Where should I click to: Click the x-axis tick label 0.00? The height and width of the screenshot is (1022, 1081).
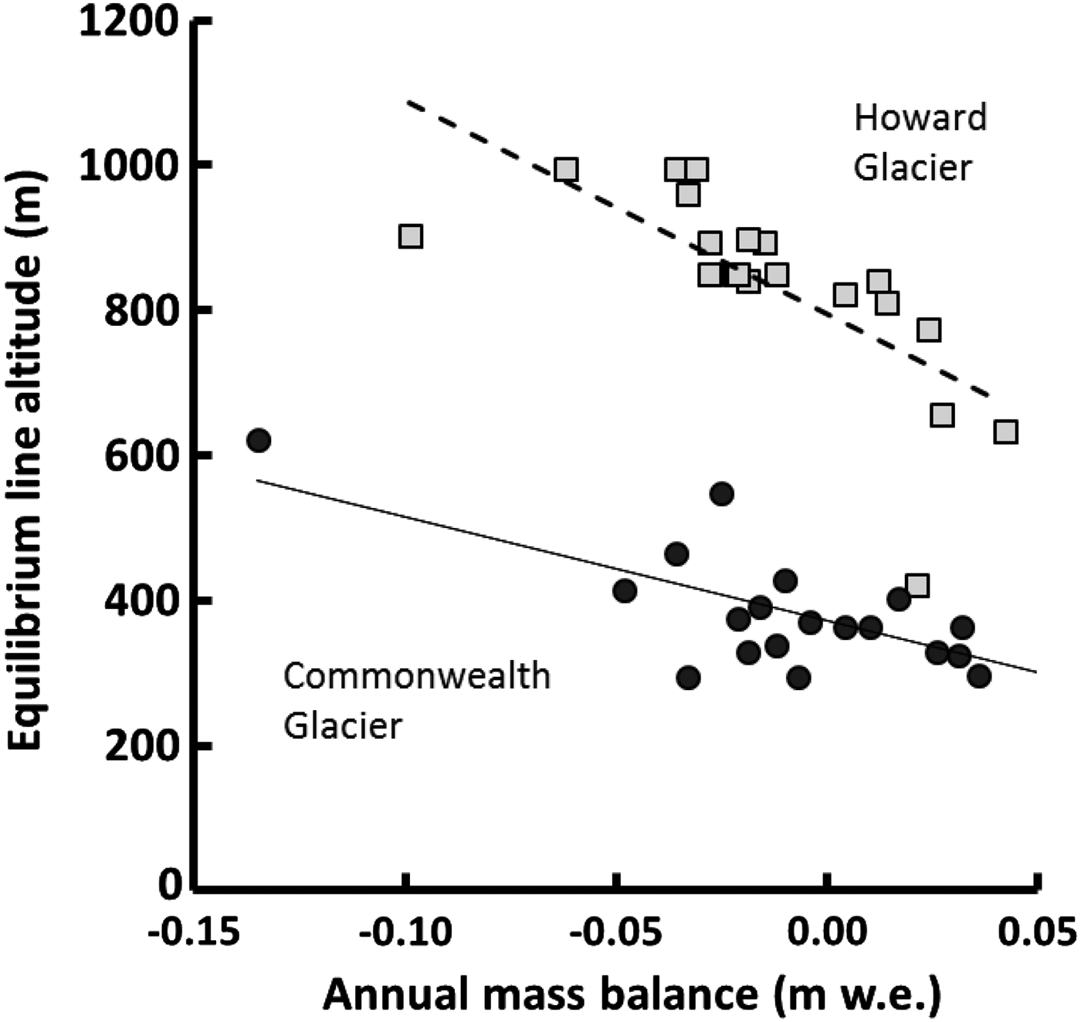pyautogui.click(x=825, y=932)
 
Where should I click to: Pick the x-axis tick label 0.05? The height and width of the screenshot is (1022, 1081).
pyautogui.click(x=1035, y=932)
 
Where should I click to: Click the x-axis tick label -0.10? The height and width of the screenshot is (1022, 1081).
pyautogui.click(x=403, y=932)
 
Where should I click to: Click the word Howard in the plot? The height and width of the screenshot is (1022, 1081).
pyautogui.click(x=920, y=118)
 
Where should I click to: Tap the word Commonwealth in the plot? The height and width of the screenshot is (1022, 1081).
pyautogui.click(x=417, y=676)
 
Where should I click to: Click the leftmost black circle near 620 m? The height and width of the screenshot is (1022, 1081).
pyautogui.click(x=259, y=440)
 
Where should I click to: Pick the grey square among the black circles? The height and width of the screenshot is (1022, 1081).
pyautogui.click(x=917, y=585)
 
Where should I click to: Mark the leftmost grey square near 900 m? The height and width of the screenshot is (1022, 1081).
pyautogui.click(x=411, y=236)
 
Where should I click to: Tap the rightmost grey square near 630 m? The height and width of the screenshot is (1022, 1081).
pyautogui.click(x=1005, y=431)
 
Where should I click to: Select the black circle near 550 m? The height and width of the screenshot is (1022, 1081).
pyautogui.click(x=721, y=494)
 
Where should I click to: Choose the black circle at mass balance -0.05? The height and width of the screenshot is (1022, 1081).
pyautogui.click(x=625, y=591)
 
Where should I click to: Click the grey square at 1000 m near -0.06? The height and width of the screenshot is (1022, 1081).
pyautogui.click(x=566, y=170)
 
